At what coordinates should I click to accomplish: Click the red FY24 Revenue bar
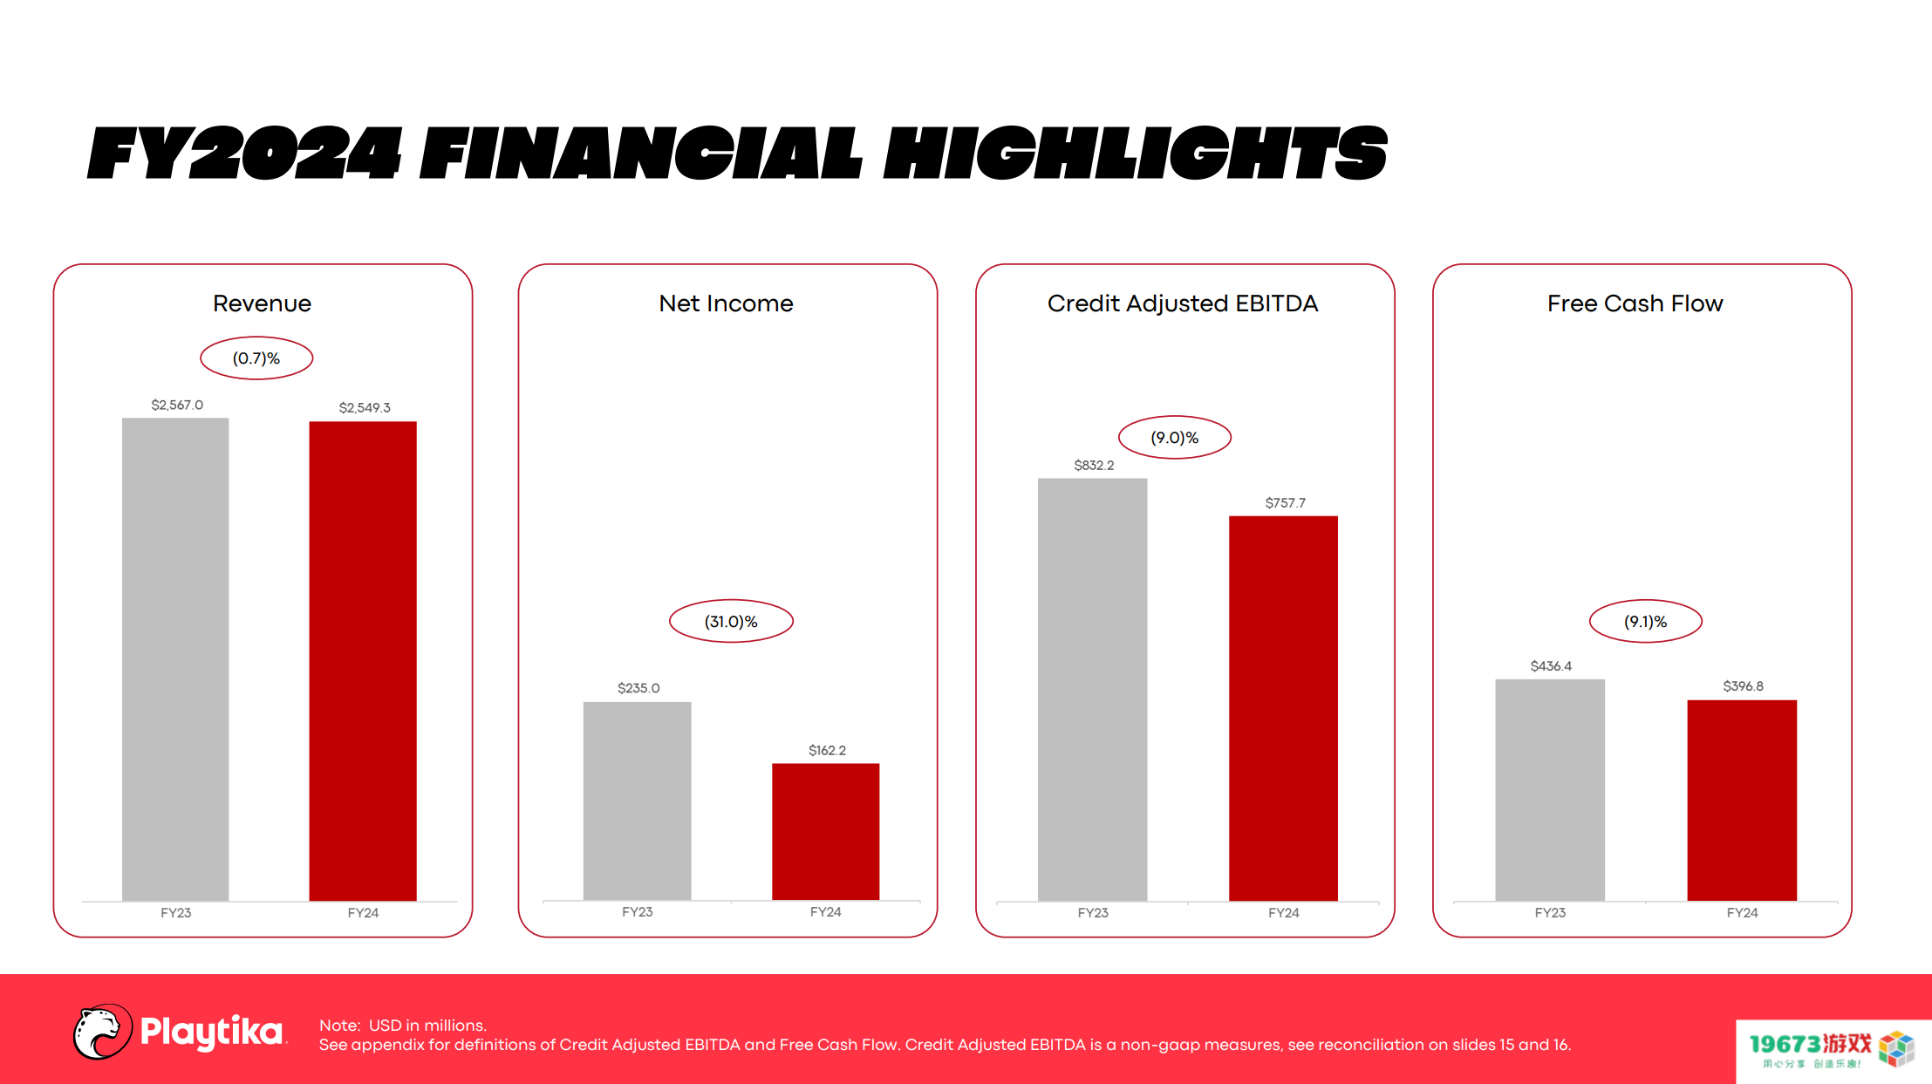(363, 661)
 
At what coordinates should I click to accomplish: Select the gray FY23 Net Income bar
(638, 801)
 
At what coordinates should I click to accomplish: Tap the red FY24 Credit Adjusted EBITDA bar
(1283, 708)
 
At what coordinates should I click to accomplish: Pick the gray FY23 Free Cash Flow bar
(1550, 790)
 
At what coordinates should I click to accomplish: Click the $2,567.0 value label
(177, 405)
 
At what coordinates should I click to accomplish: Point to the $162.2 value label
(827, 750)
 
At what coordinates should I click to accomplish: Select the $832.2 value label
(1094, 465)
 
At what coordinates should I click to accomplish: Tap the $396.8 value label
(1743, 686)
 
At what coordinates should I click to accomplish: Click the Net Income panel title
(726, 303)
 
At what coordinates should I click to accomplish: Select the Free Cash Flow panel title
(1635, 303)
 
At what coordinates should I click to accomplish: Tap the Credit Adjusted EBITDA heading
(1183, 303)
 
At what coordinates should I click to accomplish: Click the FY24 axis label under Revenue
(363, 912)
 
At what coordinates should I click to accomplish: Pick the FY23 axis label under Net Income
(638, 911)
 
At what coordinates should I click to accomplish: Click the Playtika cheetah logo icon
(102, 1032)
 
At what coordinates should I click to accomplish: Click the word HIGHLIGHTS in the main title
(1136, 153)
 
